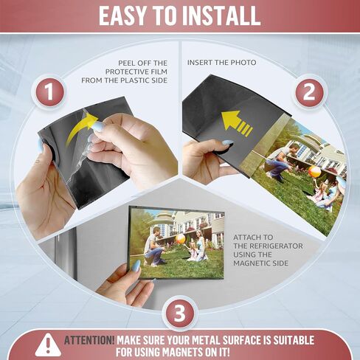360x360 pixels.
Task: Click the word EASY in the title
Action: (x=122, y=15)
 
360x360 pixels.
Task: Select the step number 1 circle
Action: (x=49, y=91)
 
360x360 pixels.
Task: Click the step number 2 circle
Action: (x=309, y=92)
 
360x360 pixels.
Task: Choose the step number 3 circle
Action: (x=179, y=313)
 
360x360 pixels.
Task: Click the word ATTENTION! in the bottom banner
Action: (x=89, y=340)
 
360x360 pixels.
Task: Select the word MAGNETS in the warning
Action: (x=182, y=352)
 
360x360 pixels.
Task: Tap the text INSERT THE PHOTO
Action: (x=221, y=63)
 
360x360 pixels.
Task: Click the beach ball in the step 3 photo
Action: (x=181, y=239)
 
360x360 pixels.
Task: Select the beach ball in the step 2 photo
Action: (x=314, y=172)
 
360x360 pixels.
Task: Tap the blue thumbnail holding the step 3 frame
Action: (x=136, y=266)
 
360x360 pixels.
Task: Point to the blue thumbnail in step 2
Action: (x=226, y=142)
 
